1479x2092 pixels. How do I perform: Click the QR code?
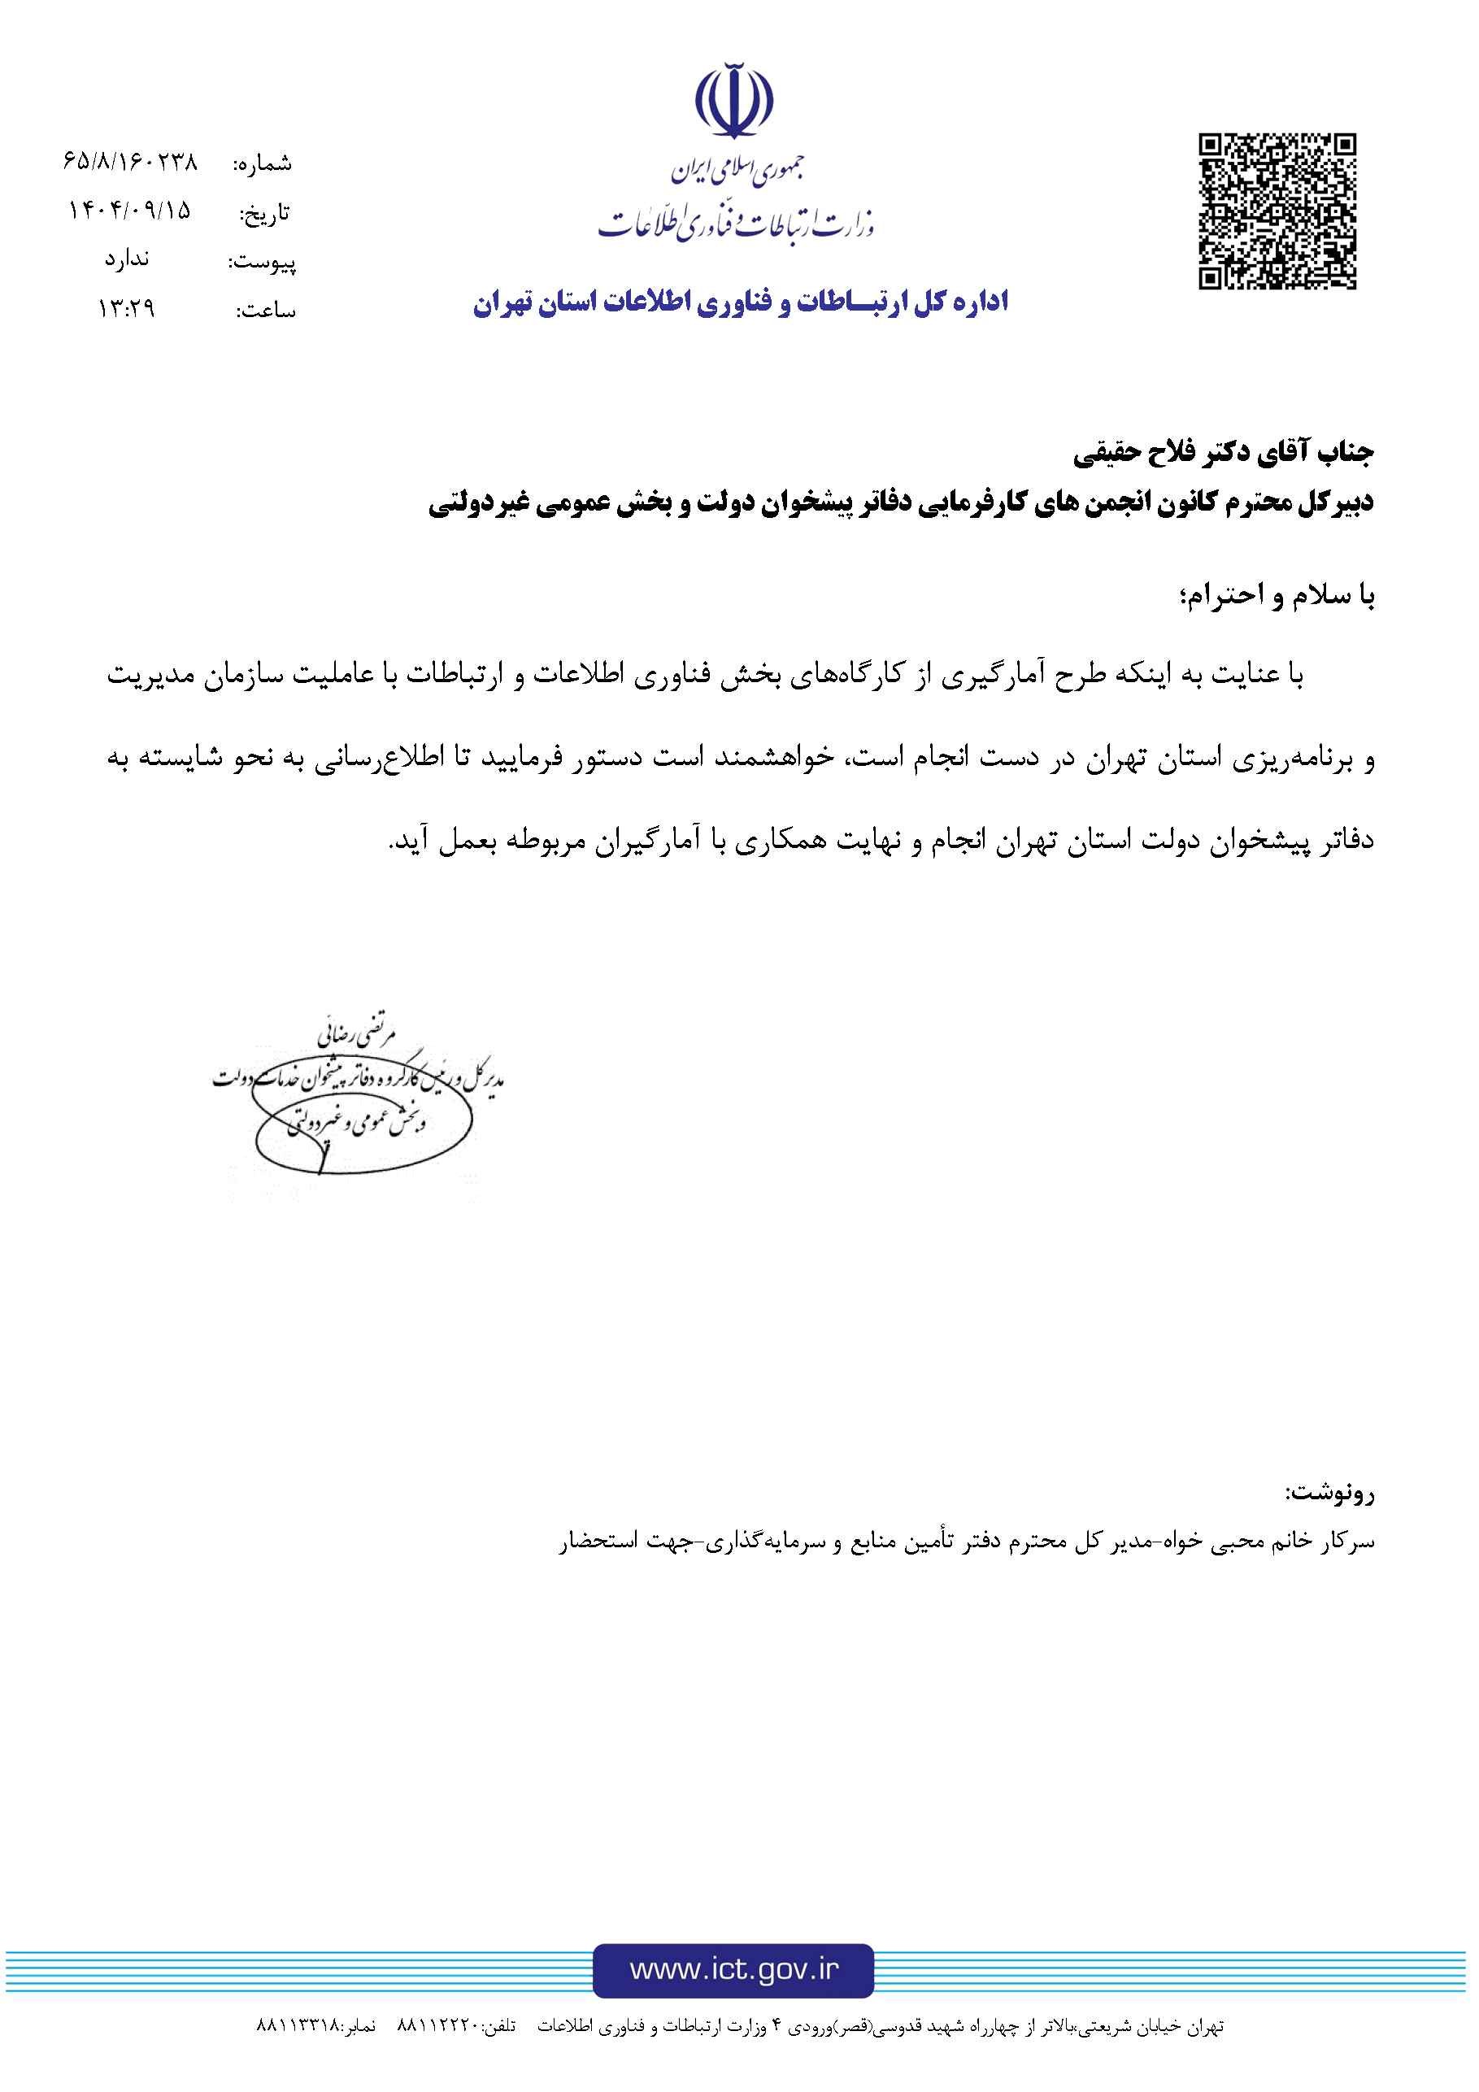pyautogui.click(x=1277, y=211)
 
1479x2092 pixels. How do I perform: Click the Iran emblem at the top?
pyautogui.click(x=733, y=100)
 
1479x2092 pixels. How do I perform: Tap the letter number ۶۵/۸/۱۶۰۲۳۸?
pyautogui.click(x=130, y=162)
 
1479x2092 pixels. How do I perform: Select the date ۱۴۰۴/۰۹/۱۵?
pyautogui.click(x=129, y=211)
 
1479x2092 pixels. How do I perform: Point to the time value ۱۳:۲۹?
pyautogui.click(x=127, y=309)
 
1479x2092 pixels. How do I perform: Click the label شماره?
pyautogui.click(x=263, y=164)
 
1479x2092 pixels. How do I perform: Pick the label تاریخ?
pyautogui.click(x=264, y=213)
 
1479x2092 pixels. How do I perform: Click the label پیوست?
pyautogui.click(x=262, y=263)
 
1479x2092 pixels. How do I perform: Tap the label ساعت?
pyautogui.click(x=265, y=311)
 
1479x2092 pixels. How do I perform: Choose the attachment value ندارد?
pyautogui.click(x=127, y=259)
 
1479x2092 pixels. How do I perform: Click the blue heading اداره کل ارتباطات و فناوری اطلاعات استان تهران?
pyautogui.click(x=740, y=302)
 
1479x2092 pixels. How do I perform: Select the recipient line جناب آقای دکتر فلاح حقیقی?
pyautogui.click(x=1222, y=452)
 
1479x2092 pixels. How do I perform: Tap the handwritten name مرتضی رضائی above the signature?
pyautogui.click(x=357, y=1029)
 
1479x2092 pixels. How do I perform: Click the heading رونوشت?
pyautogui.click(x=1329, y=1493)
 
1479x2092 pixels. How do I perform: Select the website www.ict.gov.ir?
pyautogui.click(x=733, y=1970)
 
